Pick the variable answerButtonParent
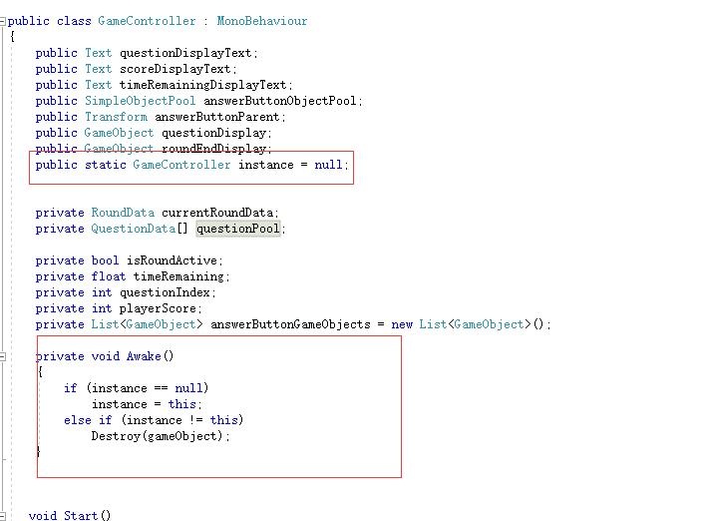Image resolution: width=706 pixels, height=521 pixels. click(x=205, y=117)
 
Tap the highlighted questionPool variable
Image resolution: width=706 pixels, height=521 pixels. click(x=238, y=229)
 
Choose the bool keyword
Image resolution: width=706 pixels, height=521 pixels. click(x=105, y=260)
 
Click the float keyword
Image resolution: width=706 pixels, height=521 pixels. click(x=108, y=276)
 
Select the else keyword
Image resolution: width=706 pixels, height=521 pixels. click(x=77, y=420)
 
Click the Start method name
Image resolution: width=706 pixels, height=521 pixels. click(x=81, y=516)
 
